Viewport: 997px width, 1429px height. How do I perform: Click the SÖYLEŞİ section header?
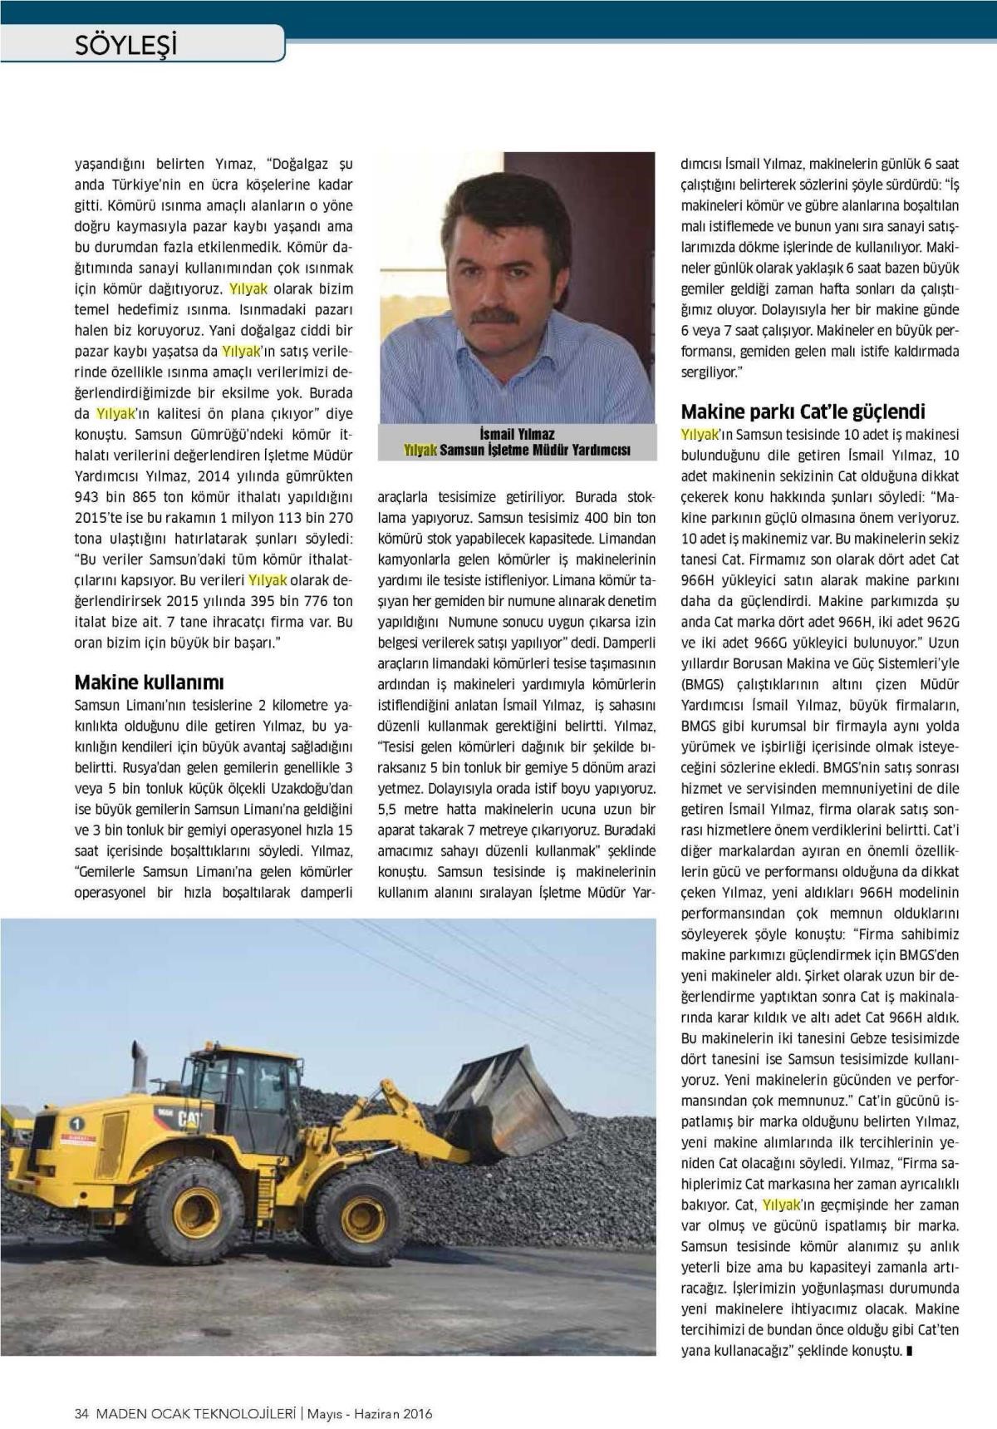pyautogui.click(x=126, y=44)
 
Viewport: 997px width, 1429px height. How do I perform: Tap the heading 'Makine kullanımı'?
pyautogui.click(x=150, y=682)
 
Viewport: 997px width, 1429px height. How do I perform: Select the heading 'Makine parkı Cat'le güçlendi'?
pyautogui.click(x=803, y=411)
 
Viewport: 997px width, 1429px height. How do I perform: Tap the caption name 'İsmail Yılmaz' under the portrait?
pyautogui.click(x=517, y=434)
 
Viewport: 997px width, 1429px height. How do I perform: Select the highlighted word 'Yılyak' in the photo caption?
pyautogui.click(x=420, y=450)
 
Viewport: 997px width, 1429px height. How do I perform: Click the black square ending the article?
pyautogui.click(x=910, y=1351)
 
